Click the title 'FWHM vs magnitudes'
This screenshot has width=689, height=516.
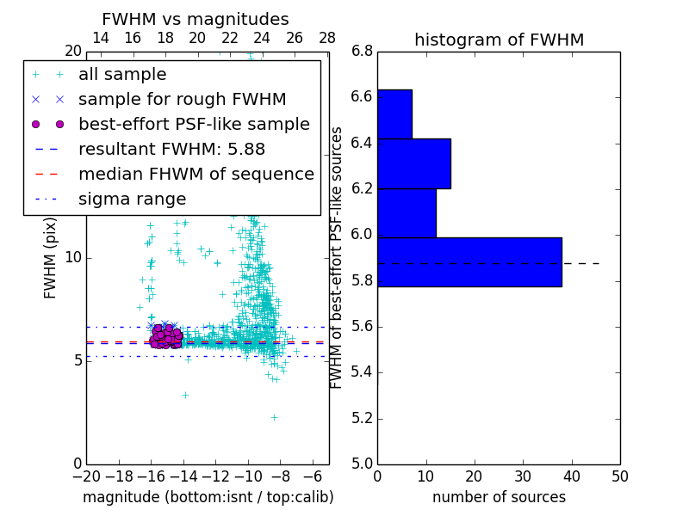pyautogui.click(x=195, y=19)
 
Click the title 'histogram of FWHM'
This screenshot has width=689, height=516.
pyautogui.click(x=499, y=40)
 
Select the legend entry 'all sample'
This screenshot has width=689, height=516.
pyautogui.click(x=122, y=75)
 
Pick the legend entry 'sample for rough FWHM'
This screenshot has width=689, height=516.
pyautogui.click(x=182, y=100)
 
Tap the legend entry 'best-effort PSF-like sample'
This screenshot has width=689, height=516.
pyautogui.click(x=194, y=124)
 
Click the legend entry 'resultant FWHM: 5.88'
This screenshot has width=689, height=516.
pyautogui.click(x=171, y=149)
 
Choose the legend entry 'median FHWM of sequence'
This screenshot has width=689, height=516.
pyautogui.click(x=196, y=174)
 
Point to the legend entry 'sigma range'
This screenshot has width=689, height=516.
pyautogui.click(x=132, y=199)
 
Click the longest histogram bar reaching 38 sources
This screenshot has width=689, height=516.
pyautogui.click(x=469, y=262)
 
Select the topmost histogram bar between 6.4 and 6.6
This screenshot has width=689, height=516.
pyautogui.click(x=394, y=114)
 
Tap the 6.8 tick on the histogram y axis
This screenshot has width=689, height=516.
pyautogui.click(x=362, y=52)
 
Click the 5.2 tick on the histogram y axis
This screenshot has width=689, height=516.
pyautogui.click(x=362, y=418)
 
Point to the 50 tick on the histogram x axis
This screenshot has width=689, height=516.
pyautogui.click(x=619, y=475)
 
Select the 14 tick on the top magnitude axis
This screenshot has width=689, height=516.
pyautogui.click(x=100, y=38)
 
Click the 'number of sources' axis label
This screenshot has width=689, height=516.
pyautogui.click(x=499, y=497)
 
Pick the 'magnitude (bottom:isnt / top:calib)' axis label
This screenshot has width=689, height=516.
pyautogui.click(x=208, y=497)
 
